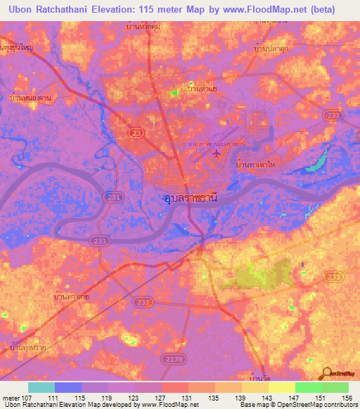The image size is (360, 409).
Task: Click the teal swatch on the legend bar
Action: pos(41,387)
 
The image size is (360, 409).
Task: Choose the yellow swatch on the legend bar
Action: pos(281,387)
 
